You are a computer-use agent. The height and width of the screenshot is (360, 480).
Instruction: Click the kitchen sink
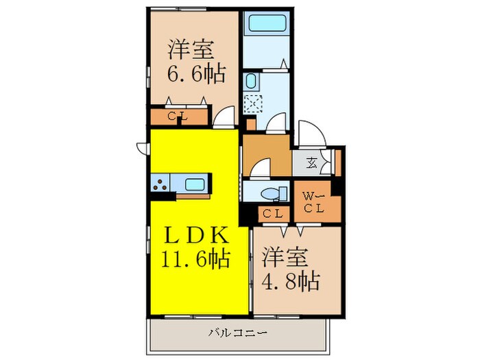(x=195, y=184)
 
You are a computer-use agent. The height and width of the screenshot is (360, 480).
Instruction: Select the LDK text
(x=196, y=235)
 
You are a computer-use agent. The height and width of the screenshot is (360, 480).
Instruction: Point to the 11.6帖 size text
(x=196, y=259)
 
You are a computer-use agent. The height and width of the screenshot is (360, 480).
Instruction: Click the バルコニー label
(x=238, y=333)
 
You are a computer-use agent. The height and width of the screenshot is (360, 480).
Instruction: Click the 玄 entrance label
(x=311, y=163)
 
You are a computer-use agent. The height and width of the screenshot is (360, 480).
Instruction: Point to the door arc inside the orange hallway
(x=260, y=167)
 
